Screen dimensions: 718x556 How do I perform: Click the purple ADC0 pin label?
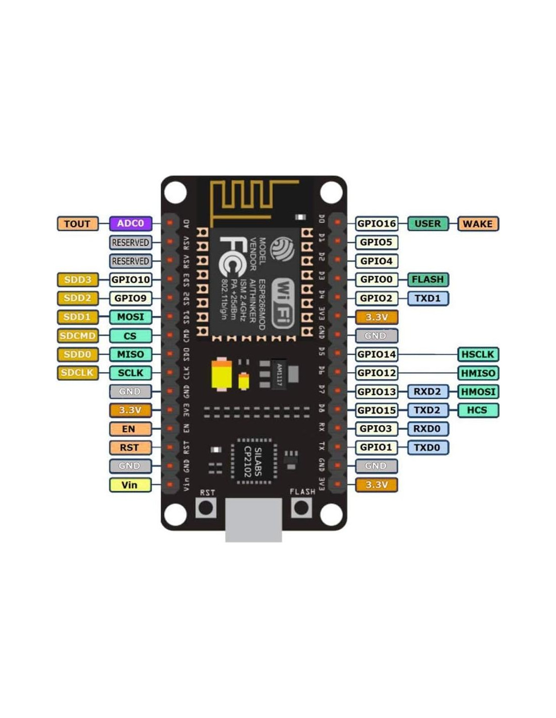(130, 224)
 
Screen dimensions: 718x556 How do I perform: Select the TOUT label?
(77, 224)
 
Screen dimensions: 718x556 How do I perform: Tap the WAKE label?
(478, 224)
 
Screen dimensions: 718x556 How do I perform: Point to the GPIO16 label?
(377, 224)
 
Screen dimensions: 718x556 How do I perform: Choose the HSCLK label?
(478, 354)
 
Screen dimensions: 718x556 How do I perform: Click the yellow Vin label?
(130, 485)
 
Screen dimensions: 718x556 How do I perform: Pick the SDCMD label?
(77, 336)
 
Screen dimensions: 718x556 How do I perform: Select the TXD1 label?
(428, 298)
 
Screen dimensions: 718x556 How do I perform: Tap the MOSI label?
(130, 317)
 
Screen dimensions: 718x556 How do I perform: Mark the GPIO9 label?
(130, 298)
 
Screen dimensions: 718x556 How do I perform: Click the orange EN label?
(130, 429)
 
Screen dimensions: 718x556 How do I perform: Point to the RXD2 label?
(428, 392)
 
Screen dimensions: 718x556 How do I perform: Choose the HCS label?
(478, 411)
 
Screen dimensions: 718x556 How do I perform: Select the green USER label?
(428, 224)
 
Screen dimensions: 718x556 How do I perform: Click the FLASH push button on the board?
(302, 508)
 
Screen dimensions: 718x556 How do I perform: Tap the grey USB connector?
(254, 520)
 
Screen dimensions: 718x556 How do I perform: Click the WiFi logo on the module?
(283, 303)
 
